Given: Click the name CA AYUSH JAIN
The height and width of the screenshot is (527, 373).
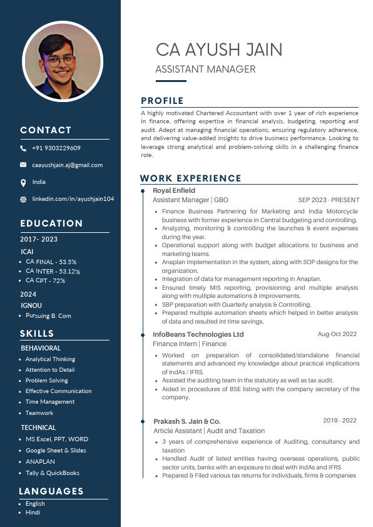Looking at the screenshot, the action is [x=218, y=49].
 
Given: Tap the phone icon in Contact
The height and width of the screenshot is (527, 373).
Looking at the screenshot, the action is [x=23, y=148].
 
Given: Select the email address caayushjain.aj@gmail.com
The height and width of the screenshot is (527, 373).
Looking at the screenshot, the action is [x=67, y=165].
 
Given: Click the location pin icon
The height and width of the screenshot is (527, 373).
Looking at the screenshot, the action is [x=23, y=182].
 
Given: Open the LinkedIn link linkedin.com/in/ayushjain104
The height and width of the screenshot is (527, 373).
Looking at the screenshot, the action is [x=73, y=198].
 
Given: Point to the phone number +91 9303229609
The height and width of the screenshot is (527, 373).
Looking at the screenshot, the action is [x=56, y=148].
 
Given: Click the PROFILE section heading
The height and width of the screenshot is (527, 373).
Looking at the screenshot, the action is [x=162, y=101].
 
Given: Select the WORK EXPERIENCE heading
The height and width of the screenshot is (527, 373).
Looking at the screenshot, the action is [x=190, y=178].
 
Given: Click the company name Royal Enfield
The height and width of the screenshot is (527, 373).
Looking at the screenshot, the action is [x=174, y=190].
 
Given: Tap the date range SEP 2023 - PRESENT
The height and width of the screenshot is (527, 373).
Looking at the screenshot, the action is [x=329, y=200].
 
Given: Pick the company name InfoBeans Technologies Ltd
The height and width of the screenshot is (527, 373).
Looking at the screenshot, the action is [x=198, y=334].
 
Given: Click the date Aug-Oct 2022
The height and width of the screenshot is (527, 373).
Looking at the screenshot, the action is [x=337, y=334].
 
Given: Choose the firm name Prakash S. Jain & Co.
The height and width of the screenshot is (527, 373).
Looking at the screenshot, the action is [x=186, y=421].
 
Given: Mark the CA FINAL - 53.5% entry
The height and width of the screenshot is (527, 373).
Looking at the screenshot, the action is [x=51, y=262].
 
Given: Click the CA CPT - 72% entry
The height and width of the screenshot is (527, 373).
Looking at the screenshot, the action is [x=45, y=280].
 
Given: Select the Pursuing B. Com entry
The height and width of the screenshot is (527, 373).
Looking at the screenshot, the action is [x=48, y=316].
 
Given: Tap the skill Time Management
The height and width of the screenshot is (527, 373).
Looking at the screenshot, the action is [x=49, y=402].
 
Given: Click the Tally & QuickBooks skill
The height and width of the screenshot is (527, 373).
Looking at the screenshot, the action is [x=53, y=473].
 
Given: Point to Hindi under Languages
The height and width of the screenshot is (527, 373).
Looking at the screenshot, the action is [x=33, y=513].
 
